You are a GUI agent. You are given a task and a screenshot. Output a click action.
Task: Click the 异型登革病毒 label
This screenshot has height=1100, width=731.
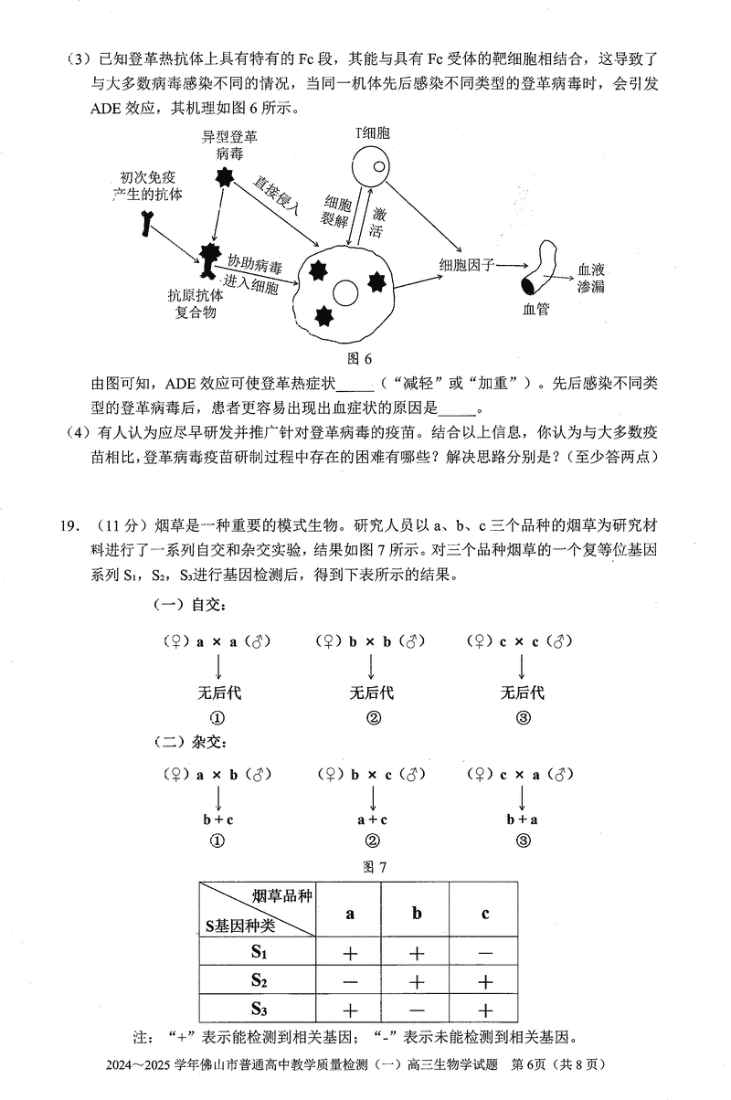pyautogui.click(x=230, y=145)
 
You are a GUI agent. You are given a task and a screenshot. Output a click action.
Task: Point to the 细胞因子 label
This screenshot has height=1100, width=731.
pyautogui.click(x=467, y=265)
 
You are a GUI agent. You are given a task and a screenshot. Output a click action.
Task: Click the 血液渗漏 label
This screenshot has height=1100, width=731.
pyautogui.click(x=592, y=279)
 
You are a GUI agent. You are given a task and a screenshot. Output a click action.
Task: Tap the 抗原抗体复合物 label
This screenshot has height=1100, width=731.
pyautogui.click(x=196, y=303)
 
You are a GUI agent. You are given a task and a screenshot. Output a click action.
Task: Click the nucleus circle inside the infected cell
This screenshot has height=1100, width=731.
pyautogui.click(x=345, y=293)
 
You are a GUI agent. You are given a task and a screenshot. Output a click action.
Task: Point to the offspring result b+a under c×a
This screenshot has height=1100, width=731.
pyautogui.click(x=523, y=820)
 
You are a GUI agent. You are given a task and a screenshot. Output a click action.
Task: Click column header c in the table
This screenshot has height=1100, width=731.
pyautogui.click(x=485, y=913)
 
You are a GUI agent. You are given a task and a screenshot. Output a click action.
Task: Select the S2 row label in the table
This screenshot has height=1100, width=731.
pyautogui.click(x=259, y=980)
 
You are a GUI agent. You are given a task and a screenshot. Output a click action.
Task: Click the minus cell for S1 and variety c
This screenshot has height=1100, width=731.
pyautogui.click(x=485, y=952)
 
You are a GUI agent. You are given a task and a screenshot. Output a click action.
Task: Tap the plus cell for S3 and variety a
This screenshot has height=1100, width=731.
pyautogui.click(x=350, y=1010)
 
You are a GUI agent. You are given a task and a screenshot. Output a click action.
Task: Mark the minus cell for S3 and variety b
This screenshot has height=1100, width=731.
pyautogui.click(x=417, y=1010)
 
